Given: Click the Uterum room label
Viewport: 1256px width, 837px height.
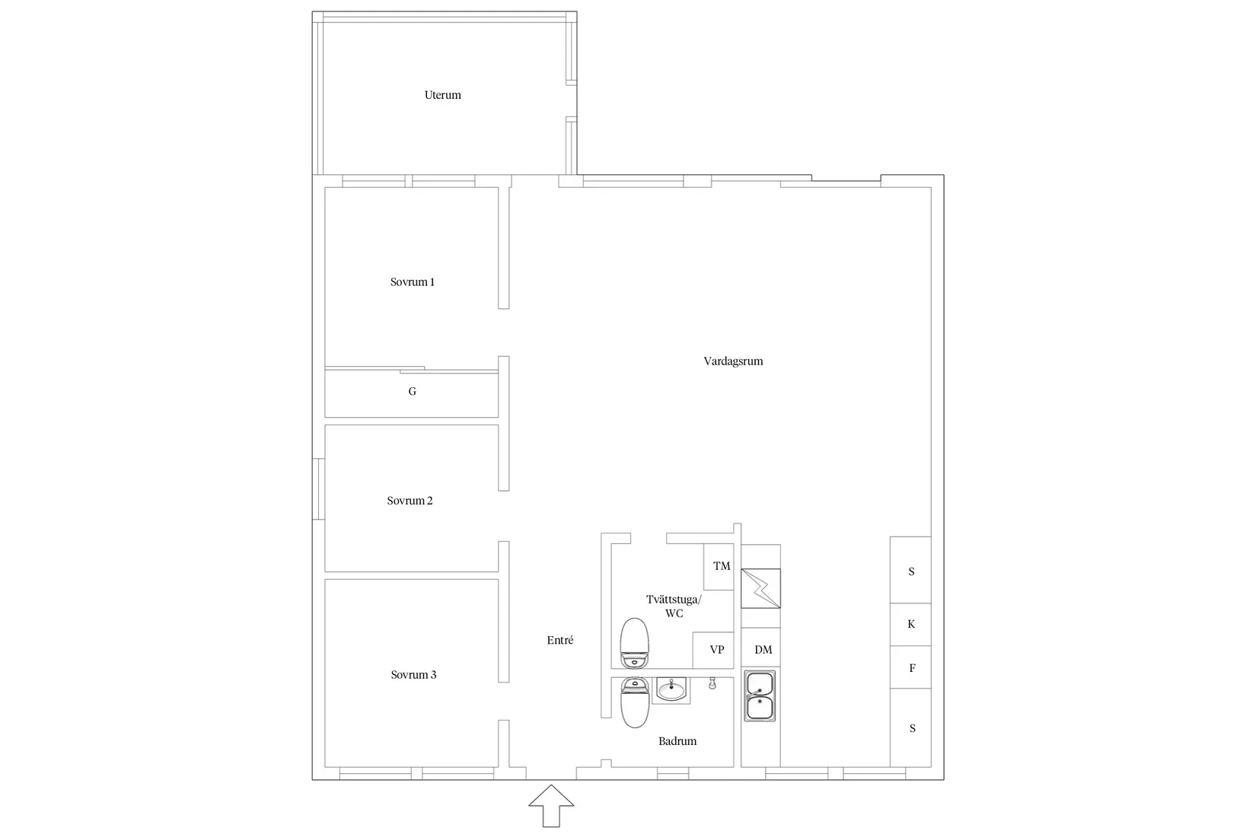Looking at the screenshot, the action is tap(442, 95).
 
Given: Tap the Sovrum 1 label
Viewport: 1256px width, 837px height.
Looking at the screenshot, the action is tap(412, 282).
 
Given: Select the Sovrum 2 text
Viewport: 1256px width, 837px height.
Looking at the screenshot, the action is tap(410, 501).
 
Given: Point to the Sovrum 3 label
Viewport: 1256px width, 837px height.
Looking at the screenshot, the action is tap(413, 675).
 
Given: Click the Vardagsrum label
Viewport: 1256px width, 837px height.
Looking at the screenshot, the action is tap(733, 361).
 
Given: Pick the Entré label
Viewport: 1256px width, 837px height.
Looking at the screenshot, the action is tap(559, 640).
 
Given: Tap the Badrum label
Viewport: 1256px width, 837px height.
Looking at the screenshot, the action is tap(677, 741).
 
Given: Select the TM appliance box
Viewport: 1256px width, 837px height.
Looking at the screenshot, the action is tap(719, 566).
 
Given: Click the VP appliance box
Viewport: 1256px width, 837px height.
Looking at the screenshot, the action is tap(713, 650).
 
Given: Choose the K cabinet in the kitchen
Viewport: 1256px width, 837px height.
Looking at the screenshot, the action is tap(910, 625).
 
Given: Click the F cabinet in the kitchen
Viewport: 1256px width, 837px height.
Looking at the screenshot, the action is tap(910, 667).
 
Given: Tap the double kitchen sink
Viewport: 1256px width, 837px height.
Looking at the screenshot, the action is tap(760, 695).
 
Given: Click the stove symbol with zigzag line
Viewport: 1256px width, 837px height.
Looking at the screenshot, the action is tap(760, 589).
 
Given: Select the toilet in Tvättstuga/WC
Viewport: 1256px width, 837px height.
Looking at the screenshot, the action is tap(634, 643).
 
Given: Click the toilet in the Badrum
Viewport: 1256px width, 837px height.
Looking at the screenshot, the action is tap(635, 702).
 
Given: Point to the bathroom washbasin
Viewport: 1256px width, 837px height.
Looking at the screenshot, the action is tap(671, 689).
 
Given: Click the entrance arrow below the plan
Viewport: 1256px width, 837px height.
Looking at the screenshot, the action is tap(551, 806).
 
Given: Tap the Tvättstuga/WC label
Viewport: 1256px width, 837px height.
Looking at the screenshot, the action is tap(674, 606).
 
